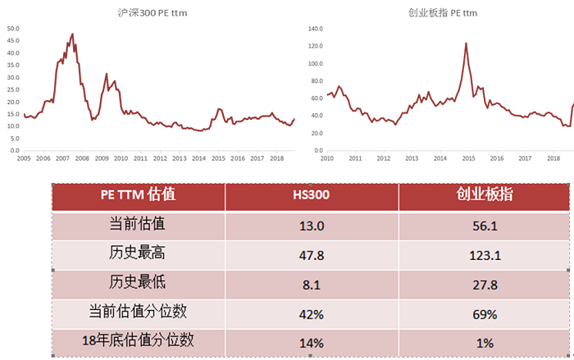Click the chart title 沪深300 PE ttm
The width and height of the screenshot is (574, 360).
[153, 13]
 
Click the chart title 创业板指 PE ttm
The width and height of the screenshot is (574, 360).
[443, 13]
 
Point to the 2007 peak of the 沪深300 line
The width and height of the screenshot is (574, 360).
[72, 34]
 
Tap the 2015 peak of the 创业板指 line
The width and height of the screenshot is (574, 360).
[466, 43]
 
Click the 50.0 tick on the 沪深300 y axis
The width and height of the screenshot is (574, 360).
[13, 28]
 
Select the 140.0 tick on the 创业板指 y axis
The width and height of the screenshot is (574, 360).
[317, 28]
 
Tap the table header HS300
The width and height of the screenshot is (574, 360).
[312, 194]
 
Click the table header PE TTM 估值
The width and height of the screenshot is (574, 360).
[138, 194]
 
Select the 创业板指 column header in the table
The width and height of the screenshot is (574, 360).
[484, 194]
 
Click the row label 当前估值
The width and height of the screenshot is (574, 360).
[138, 224]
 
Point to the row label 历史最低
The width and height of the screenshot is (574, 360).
[138, 283]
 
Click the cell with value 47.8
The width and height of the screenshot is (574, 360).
[312, 255]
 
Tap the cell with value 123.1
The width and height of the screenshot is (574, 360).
[484, 255]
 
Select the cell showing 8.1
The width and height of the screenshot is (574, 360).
[312, 285]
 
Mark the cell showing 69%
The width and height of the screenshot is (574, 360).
[484, 314]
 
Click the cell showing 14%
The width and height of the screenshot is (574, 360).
[312, 343]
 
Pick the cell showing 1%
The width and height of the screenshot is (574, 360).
[484, 343]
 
